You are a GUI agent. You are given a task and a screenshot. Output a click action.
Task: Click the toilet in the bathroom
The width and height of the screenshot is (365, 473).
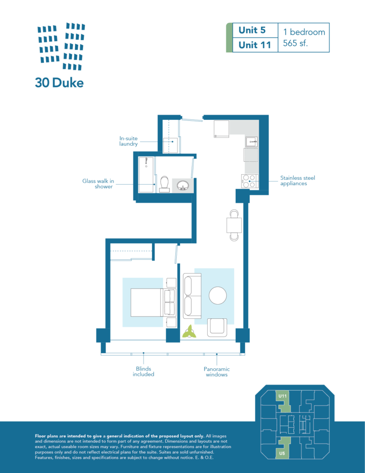(x=164, y=184)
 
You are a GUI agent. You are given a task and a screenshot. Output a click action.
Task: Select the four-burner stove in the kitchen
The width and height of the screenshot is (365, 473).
(x=250, y=181)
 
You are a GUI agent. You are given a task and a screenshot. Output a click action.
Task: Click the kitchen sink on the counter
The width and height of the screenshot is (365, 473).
(x=251, y=141)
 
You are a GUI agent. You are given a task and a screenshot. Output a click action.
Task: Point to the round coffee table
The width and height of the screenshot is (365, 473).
(x=218, y=296)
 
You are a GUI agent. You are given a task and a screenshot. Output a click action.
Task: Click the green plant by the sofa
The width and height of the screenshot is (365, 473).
(x=189, y=332)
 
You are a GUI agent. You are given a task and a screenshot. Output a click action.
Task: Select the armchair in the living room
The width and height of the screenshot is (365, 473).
(x=217, y=327)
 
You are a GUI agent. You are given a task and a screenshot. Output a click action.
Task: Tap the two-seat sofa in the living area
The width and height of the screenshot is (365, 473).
(x=192, y=296)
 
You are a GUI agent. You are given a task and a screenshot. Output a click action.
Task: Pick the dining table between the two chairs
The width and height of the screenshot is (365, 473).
(x=234, y=225)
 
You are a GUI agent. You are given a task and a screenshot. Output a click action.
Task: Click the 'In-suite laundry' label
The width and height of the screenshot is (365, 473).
(x=128, y=141)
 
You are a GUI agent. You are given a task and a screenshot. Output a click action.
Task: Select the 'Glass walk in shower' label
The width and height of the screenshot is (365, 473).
(x=98, y=184)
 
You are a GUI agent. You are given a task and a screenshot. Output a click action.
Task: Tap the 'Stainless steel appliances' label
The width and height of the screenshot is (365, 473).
(x=298, y=181)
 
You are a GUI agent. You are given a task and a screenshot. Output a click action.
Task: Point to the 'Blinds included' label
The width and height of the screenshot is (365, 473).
(x=144, y=371)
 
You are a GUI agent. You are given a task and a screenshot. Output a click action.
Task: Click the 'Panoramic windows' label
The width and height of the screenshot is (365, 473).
(x=217, y=372)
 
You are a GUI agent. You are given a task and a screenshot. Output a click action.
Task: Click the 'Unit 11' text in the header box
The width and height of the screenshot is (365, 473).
(x=255, y=45)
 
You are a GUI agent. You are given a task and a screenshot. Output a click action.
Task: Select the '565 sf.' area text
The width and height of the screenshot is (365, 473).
(x=296, y=43)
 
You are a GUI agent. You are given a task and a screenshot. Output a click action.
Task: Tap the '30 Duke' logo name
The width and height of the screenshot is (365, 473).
(x=59, y=83)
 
